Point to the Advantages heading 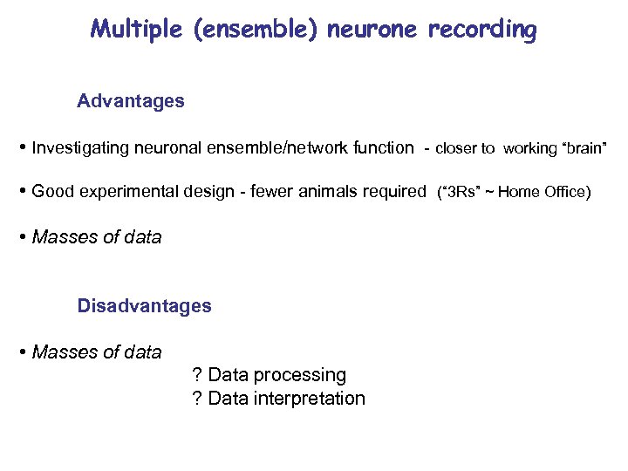[x=131, y=101]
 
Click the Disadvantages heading [x=144, y=306]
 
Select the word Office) [x=565, y=193]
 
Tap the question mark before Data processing [x=196, y=375]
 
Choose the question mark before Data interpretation [x=196, y=399]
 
